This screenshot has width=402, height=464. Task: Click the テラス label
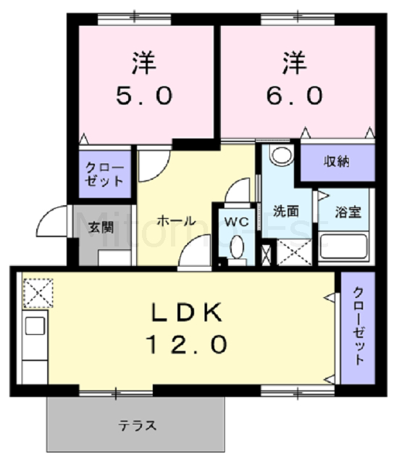(137, 426)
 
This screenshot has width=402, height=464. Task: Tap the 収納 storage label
(337, 161)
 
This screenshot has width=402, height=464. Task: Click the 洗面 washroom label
(285, 212)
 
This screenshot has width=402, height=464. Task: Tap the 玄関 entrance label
(101, 227)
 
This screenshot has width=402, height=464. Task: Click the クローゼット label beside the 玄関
(105, 174)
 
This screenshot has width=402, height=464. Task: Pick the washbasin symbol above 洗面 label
(280, 155)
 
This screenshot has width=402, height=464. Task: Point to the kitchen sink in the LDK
(35, 326)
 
